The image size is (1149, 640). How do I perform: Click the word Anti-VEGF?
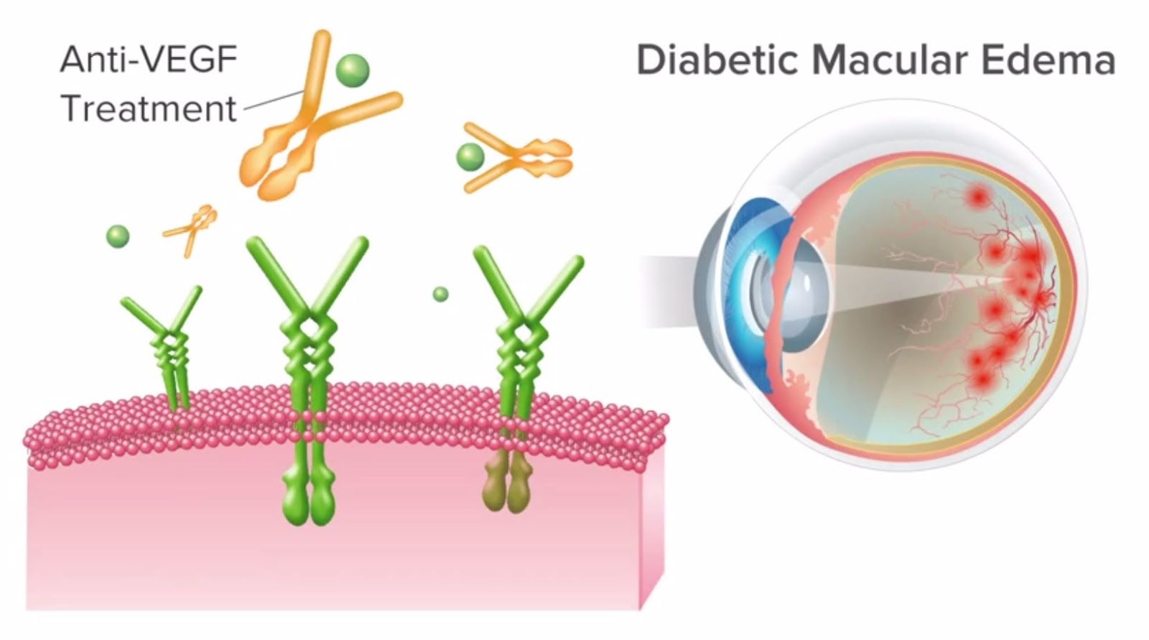click(x=149, y=60)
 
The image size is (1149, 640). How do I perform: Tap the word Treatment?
click(x=149, y=109)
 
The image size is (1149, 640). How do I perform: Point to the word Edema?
click(x=1048, y=60)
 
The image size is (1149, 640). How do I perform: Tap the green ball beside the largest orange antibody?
click(x=353, y=70)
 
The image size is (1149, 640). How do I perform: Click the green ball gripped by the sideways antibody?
click(x=470, y=156)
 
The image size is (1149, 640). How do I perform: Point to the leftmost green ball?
click(x=118, y=236)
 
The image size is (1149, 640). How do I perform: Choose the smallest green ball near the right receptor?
click(x=440, y=294)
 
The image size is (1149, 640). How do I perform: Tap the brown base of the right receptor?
click(x=507, y=485)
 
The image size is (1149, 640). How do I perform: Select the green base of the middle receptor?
click(x=310, y=496)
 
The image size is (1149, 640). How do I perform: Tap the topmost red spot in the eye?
click(x=977, y=195)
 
